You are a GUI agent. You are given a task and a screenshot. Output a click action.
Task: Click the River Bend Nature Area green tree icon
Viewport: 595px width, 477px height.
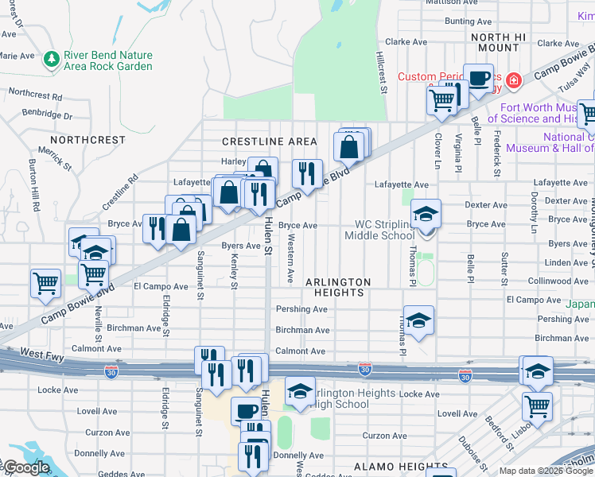click(x=52, y=59)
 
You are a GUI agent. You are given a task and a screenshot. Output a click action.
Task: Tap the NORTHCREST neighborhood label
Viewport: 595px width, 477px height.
click(x=92, y=140)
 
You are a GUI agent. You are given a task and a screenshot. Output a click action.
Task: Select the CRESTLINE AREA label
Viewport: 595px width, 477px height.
click(x=269, y=142)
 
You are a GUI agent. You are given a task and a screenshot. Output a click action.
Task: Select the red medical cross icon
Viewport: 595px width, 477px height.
click(x=514, y=80)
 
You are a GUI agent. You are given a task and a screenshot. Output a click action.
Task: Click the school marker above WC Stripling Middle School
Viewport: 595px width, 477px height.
click(x=426, y=214)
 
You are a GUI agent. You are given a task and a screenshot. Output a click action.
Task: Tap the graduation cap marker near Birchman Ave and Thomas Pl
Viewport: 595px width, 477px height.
click(x=418, y=320)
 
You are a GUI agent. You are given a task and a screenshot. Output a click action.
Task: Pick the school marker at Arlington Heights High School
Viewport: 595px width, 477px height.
click(x=300, y=391)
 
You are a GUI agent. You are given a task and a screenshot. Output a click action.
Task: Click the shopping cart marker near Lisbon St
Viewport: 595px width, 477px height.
click(x=537, y=406)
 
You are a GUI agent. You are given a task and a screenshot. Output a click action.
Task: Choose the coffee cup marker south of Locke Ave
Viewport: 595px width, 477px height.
click(x=246, y=411)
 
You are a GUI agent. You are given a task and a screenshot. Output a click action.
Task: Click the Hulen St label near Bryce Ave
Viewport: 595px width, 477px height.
click(x=269, y=237)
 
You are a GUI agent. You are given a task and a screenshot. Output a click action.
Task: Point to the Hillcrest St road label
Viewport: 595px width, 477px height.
click(x=381, y=72)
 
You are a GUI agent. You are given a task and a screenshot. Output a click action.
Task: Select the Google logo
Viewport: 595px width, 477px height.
click(x=26, y=467)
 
